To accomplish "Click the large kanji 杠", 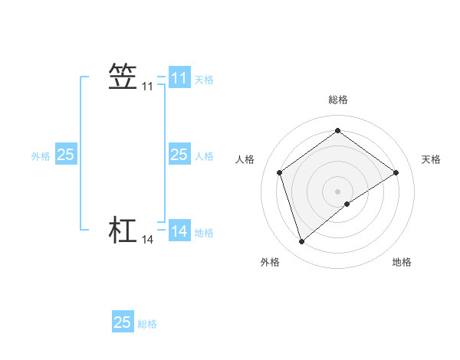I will click(123, 230).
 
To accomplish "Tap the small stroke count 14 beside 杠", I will click(147, 241).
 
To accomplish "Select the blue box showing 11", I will click(179, 78).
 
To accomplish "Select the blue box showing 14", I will click(179, 231).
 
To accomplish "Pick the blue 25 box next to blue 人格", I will click(179, 155).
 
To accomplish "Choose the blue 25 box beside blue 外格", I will click(66, 155).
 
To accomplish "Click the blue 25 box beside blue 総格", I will click(123, 322).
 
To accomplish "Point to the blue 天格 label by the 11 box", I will click(204, 79).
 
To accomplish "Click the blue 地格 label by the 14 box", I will click(204, 233).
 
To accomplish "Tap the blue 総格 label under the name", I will click(147, 324).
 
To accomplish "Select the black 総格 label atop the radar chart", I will click(338, 100).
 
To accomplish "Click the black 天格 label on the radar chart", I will click(431, 159).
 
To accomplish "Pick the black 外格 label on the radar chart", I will click(270, 262).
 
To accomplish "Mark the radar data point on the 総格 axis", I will click(338, 130).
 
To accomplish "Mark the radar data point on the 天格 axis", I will click(396, 172).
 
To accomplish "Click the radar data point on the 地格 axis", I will click(347, 204).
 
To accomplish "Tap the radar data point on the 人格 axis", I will click(280, 172).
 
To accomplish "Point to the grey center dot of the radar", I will click(338, 191).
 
